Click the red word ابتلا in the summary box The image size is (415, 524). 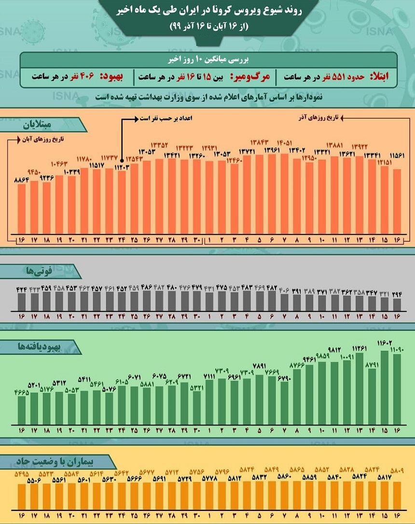(x=382, y=77)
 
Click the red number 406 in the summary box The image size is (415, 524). (x=91, y=77)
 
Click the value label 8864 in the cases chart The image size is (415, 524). (x=22, y=179)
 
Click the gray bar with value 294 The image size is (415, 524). (x=397, y=305)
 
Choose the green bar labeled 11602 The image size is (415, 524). (x=385, y=386)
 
